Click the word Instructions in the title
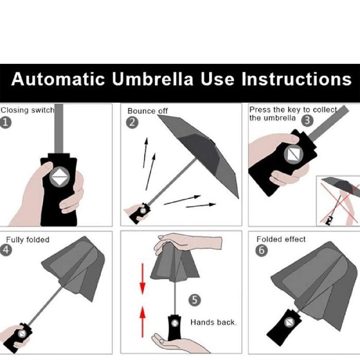(296, 79)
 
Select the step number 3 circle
(307, 120)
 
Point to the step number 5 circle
(194, 300)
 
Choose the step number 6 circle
(261, 251)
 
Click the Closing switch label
(27, 110)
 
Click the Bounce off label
(148, 111)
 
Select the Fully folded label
(27, 239)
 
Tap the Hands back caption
(213, 322)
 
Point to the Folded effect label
(281, 239)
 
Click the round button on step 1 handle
(58, 178)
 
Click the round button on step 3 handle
(293, 155)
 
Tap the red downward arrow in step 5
(142, 280)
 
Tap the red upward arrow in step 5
(142, 318)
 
